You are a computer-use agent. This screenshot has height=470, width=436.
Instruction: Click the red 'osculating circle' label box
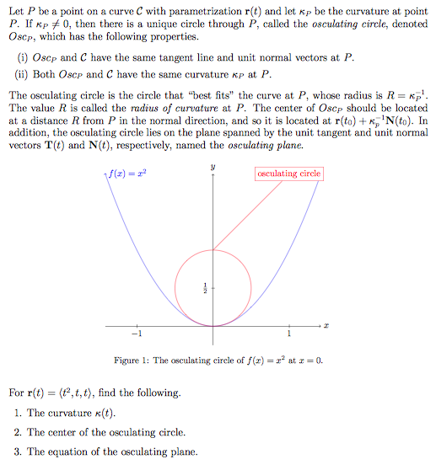pos(289,174)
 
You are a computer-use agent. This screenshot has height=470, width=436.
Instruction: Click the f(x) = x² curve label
pos(127,174)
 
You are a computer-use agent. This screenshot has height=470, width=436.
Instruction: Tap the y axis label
pos(213,168)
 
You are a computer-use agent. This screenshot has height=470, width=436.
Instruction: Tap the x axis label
pos(325,324)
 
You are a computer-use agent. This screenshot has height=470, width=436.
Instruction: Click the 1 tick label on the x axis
pos(288,334)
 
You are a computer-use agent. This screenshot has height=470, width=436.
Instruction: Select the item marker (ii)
pos(22,73)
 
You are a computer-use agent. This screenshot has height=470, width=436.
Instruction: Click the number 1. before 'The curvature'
pos(18,413)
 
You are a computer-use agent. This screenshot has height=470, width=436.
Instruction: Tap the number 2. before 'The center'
pos(18,432)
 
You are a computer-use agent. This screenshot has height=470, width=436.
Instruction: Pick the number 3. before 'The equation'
pos(18,451)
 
